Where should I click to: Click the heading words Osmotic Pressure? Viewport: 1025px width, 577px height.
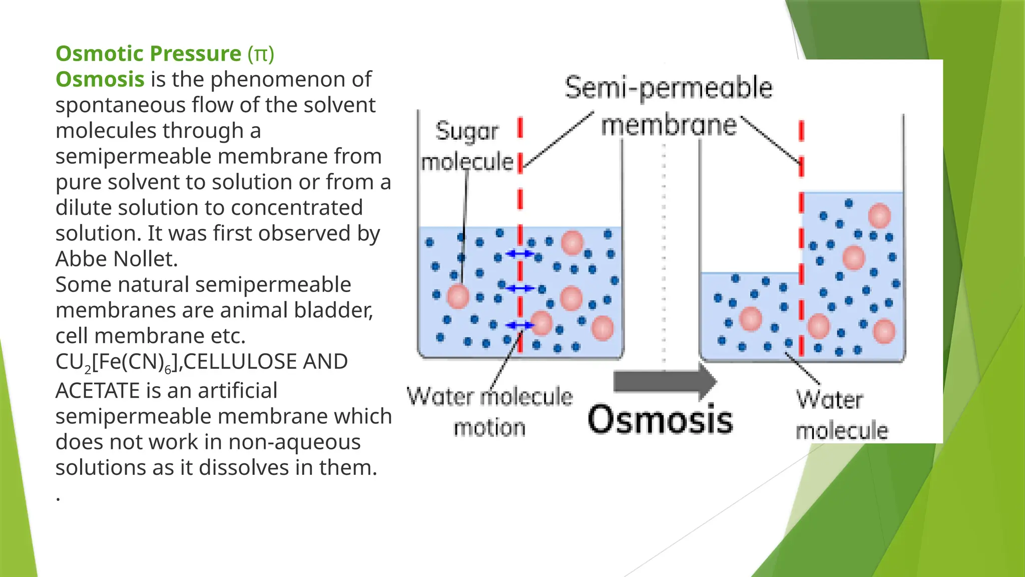click(x=148, y=54)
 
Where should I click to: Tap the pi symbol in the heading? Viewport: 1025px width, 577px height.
click(x=261, y=54)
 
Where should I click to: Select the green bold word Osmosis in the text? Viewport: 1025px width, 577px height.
click(x=100, y=79)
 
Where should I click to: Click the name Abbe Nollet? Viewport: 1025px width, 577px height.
click(x=116, y=258)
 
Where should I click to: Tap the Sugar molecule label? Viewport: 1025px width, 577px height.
click(x=467, y=146)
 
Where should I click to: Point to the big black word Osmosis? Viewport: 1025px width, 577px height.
click(x=660, y=420)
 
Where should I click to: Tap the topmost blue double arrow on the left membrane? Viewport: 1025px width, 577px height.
click(x=520, y=254)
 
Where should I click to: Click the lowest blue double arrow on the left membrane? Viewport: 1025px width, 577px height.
click(x=520, y=326)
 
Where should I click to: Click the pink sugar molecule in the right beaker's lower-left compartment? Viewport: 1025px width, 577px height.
click(x=750, y=319)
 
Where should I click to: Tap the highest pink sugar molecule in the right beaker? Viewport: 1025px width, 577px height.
click(x=879, y=216)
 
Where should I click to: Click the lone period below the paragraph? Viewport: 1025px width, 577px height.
click(x=59, y=499)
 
